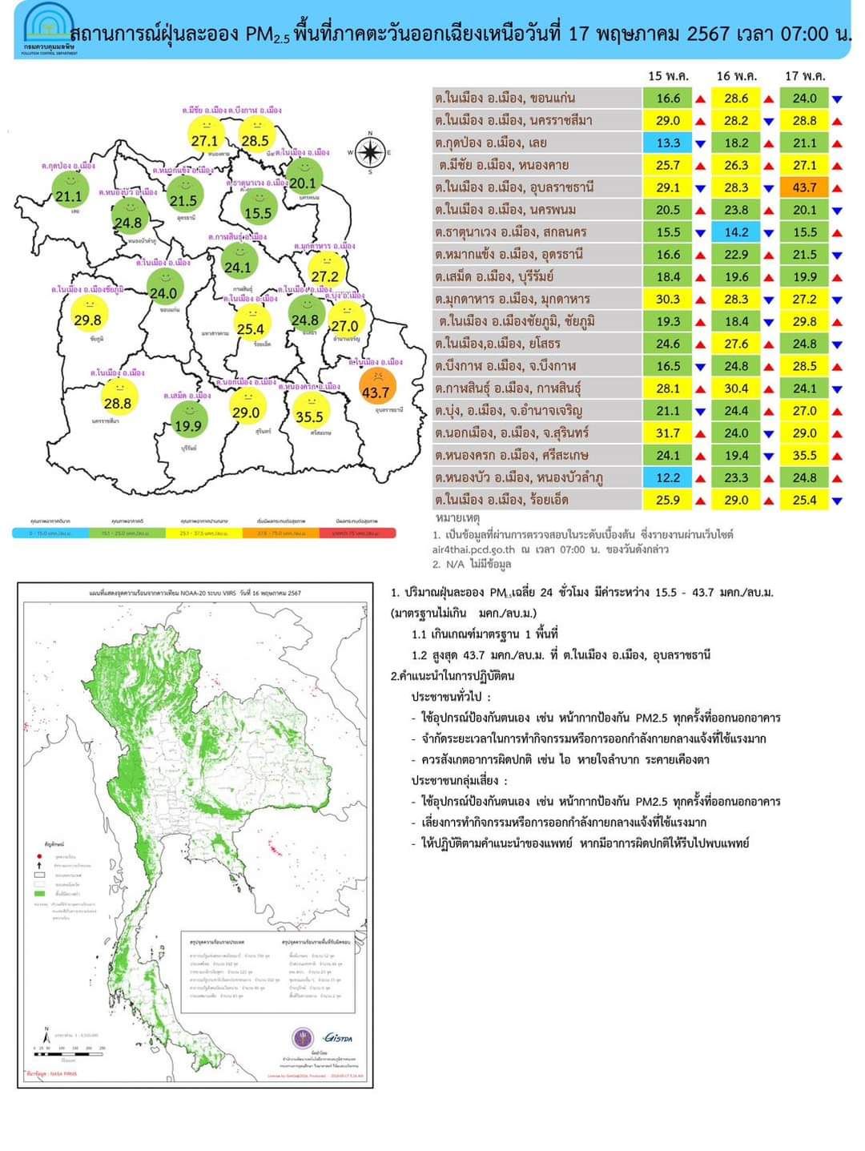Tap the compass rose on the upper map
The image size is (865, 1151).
tap(369, 151)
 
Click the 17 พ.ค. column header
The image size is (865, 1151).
tap(804, 76)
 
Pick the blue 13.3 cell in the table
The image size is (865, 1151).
tap(668, 143)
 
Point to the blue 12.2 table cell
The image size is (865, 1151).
tap(668, 477)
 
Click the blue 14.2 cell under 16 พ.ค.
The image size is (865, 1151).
tap(736, 232)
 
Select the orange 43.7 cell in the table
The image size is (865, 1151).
tap(804, 187)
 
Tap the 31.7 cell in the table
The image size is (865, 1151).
tap(668, 433)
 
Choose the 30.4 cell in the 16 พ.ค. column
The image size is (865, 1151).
tap(736, 388)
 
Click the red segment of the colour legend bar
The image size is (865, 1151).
tap(358, 533)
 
